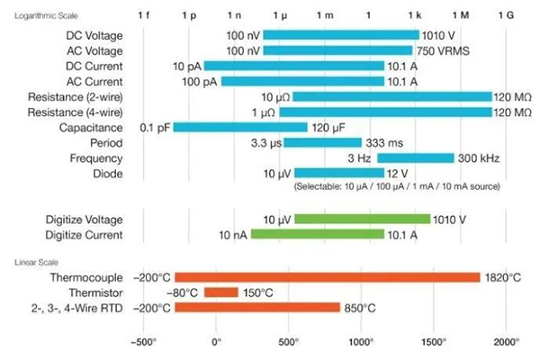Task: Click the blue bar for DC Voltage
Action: coord(340,35)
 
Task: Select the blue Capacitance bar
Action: coord(239,127)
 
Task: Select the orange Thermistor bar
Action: coord(220,292)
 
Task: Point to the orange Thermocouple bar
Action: coord(327,277)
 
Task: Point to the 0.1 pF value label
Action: coord(155,127)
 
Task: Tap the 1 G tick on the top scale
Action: coord(507,15)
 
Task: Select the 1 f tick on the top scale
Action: coord(144,15)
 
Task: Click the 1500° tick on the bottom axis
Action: coord(434,343)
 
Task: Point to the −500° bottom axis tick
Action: coord(144,343)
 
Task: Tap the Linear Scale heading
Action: coord(33,262)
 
